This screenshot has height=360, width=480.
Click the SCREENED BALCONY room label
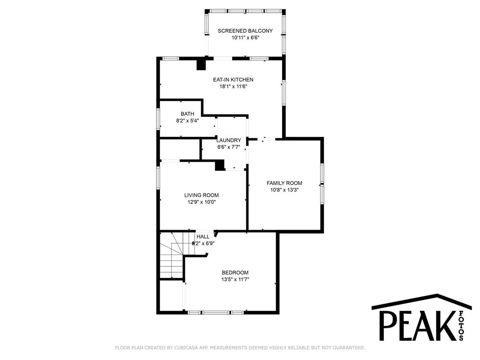coord(245,30)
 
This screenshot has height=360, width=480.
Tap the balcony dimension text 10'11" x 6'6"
coord(246,37)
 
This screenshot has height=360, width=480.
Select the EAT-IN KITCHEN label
coord(233,80)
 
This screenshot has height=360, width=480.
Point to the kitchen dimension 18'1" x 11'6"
coord(233,86)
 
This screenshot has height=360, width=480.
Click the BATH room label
coord(187,114)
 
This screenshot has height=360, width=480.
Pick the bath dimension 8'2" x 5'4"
coord(187,120)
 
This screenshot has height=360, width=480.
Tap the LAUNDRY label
coord(229,140)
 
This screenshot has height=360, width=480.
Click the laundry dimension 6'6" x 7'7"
coord(229,147)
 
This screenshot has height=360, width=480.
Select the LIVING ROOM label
coord(202,195)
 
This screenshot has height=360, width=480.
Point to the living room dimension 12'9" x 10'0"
coord(202,202)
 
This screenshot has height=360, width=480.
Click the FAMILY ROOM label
coord(285,183)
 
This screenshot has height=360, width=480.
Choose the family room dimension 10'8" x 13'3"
coord(285,190)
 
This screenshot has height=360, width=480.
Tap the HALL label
coord(203,237)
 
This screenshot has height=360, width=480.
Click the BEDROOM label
coord(235,272)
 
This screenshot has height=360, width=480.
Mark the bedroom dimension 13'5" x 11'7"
coord(235,279)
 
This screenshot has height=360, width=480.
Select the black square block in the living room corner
coord(220,165)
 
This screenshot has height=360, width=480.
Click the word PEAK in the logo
coord(417,326)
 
